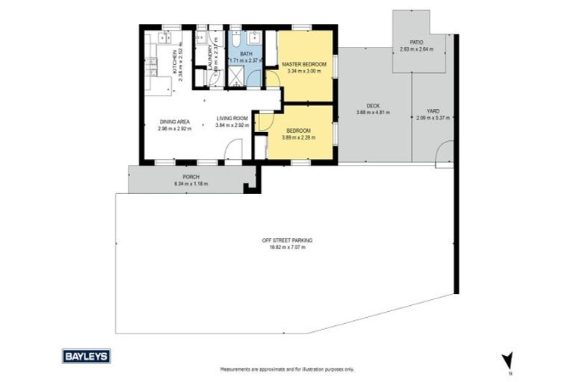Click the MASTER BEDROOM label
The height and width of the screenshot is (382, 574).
303,66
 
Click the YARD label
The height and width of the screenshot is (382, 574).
433,110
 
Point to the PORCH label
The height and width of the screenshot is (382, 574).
191,177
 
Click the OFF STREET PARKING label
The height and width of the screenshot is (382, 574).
287,240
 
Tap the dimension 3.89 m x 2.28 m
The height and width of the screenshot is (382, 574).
297,137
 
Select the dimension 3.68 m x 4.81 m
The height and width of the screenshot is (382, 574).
373,113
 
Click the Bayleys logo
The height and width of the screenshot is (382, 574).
86,356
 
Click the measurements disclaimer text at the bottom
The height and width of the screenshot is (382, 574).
287,369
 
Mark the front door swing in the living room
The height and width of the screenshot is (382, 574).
233,151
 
